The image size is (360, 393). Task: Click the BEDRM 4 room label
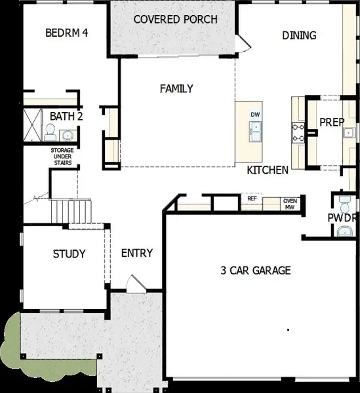click(x=66, y=33)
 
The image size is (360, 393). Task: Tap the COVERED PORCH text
click(x=175, y=19)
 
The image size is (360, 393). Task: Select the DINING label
click(x=299, y=35)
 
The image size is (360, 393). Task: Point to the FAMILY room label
click(x=176, y=88)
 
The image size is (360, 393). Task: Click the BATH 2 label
click(x=66, y=116)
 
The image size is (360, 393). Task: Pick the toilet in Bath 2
click(x=50, y=133)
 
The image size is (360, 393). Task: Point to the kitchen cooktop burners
click(x=297, y=133)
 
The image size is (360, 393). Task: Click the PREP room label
click(x=332, y=122)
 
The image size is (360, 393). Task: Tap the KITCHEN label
click(x=268, y=170)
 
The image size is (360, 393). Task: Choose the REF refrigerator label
click(x=252, y=198)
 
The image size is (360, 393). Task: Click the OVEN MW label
click(x=289, y=204)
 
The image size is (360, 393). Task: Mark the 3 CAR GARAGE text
click(x=255, y=270)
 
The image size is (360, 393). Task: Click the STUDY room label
click(x=69, y=253)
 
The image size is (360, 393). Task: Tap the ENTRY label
click(x=137, y=253)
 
